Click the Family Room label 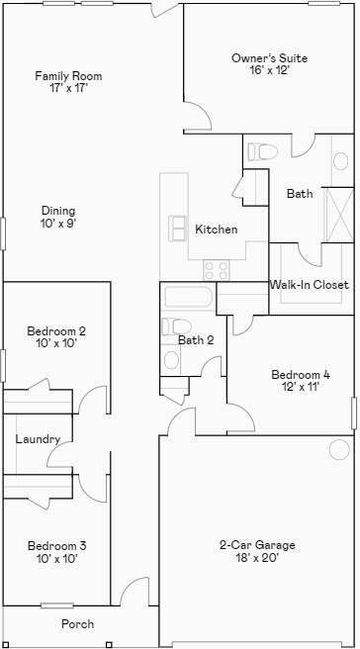(x=68, y=76)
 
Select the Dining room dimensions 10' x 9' (x=58, y=224)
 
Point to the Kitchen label (x=216, y=230)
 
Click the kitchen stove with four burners (x=216, y=269)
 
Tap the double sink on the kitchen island (x=178, y=228)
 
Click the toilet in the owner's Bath (x=263, y=151)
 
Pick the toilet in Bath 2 (x=178, y=325)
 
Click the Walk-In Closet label (x=309, y=285)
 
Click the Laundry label (x=38, y=439)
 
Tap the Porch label (x=78, y=624)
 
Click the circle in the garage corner (x=339, y=450)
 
